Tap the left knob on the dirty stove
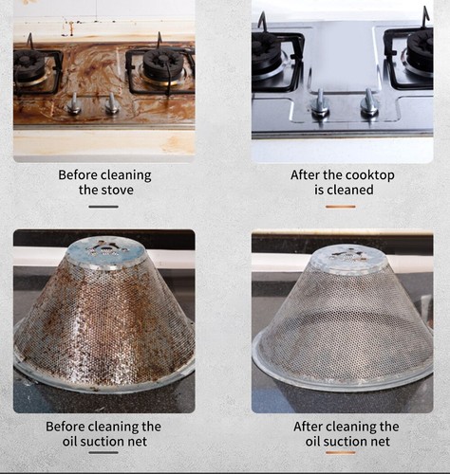coord(74,104)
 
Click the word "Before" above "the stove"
coord(80,175)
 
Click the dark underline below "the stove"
coord(103,206)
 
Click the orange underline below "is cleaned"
coord(342,206)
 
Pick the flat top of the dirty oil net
coord(106,249)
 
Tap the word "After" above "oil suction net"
coord(312,427)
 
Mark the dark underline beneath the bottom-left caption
coord(103,452)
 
